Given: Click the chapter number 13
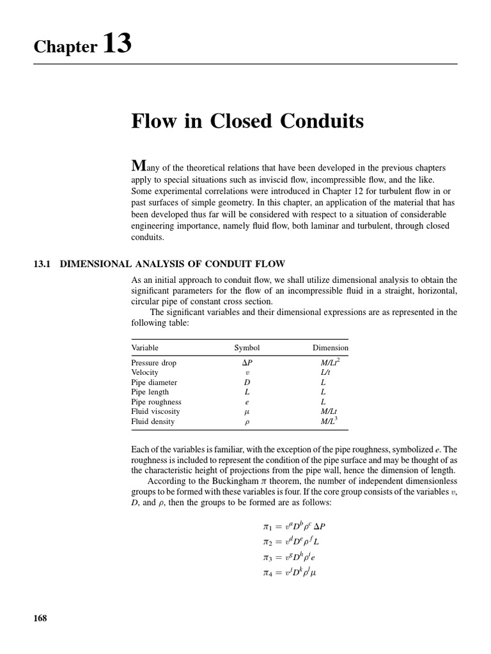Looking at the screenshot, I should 116,44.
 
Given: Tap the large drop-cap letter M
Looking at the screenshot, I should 139,165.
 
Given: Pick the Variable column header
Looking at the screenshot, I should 144,348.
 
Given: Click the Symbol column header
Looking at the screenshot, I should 247,348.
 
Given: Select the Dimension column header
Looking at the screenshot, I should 331,348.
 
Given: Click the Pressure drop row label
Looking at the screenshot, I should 153,363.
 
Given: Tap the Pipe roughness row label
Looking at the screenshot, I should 156,402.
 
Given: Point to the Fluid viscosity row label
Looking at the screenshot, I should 155,412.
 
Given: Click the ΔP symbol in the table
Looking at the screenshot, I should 247,363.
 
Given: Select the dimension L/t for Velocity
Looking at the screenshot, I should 325,372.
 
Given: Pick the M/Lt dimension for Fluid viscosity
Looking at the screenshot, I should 329,412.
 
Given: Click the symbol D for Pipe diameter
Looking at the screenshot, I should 247,383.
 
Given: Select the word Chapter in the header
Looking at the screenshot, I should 65,47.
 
